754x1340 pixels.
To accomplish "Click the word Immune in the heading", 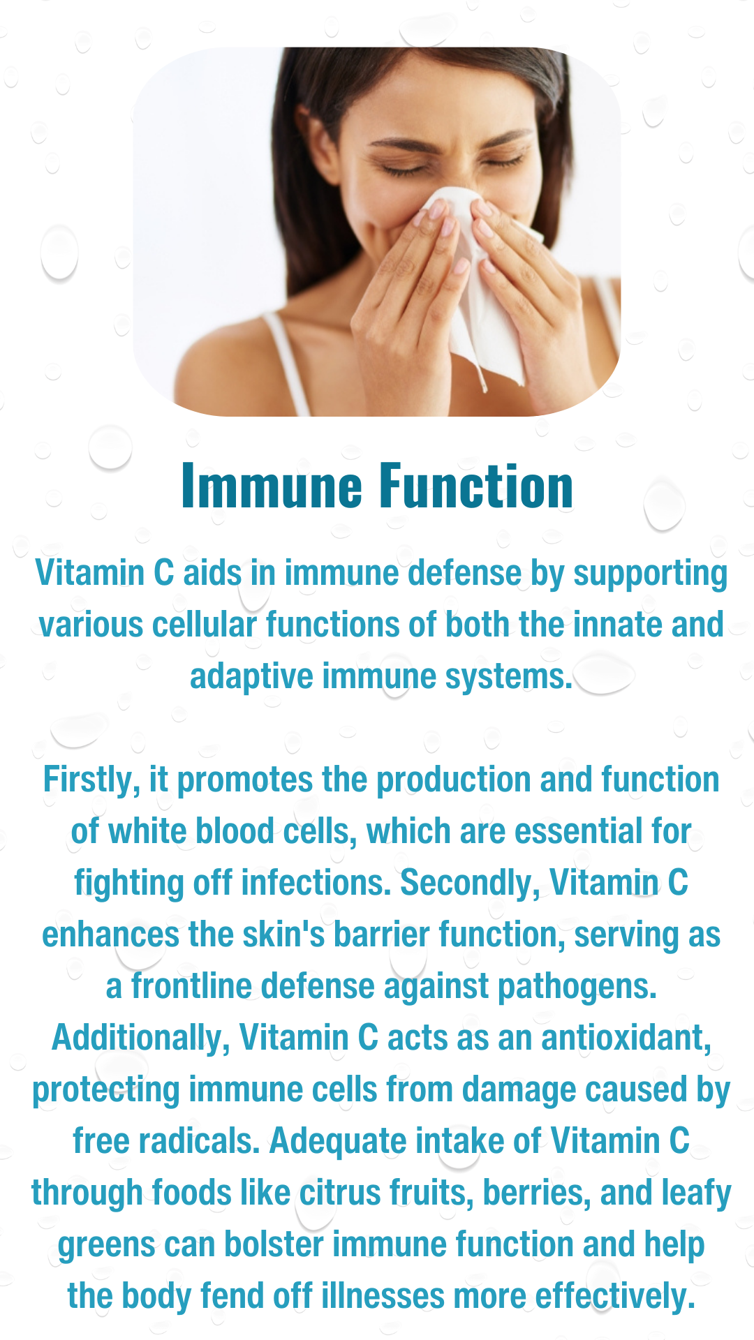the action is tap(272, 486).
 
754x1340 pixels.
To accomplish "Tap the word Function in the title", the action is tap(476, 486).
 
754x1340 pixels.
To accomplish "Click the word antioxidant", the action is tap(626, 1038).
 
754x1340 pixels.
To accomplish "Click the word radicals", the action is tap(200, 1142).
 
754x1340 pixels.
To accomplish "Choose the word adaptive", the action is tap(251, 677).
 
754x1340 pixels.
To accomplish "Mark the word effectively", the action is tap(615, 1297).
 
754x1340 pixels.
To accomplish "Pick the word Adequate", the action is tap(338, 1142).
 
